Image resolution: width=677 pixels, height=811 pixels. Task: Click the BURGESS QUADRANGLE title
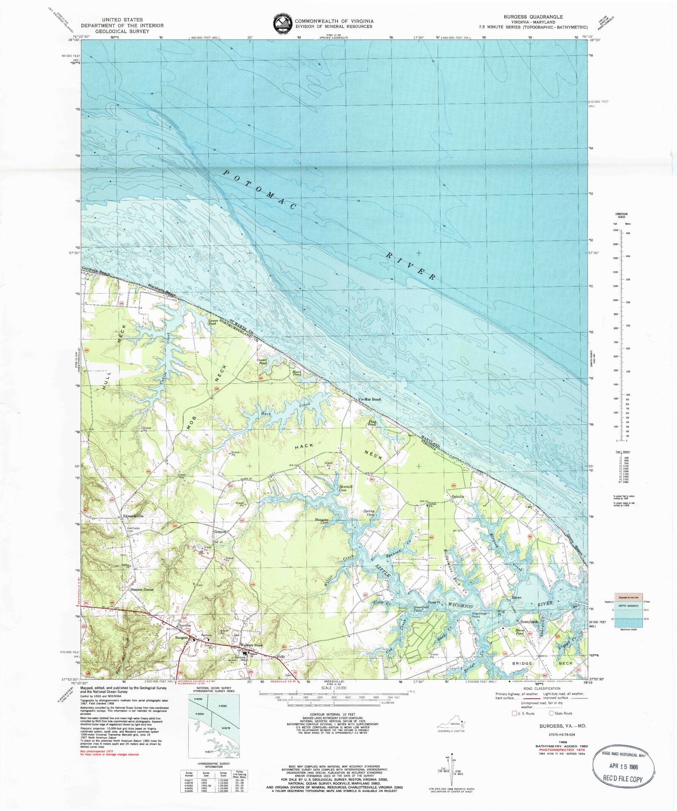point(533,17)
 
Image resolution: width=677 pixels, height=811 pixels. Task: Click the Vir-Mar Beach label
point(369,399)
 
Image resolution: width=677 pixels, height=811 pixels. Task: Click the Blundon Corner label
point(142,589)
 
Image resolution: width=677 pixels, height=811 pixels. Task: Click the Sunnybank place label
point(529,622)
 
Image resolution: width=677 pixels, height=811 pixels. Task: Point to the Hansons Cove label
point(322,522)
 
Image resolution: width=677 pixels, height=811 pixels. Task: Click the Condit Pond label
point(263,362)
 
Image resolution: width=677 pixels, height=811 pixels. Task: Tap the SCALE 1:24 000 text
point(334,688)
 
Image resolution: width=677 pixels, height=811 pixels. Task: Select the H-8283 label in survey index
point(224,706)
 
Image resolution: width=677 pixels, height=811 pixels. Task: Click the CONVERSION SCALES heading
point(622,215)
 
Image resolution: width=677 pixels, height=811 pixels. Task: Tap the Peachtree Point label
point(479,615)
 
